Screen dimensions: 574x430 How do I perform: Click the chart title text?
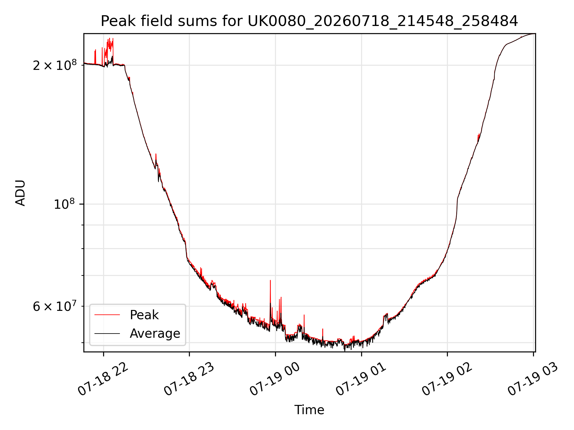[x=309, y=21]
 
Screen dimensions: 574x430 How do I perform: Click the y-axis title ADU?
[x=20, y=193]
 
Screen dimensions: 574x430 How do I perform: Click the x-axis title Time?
[x=309, y=410]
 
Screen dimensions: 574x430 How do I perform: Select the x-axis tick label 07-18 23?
[x=189, y=380]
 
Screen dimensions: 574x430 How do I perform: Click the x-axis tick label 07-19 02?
[x=447, y=380]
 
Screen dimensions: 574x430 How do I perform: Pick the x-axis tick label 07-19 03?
[x=533, y=380]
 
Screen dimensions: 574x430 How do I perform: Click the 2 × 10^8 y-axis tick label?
[x=55, y=65]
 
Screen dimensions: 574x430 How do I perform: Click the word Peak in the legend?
[x=144, y=315]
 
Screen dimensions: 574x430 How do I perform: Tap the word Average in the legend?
[x=155, y=334]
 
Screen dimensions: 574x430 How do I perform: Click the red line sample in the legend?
[x=107, y=315]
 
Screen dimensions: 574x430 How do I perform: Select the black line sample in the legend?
[x=107, y=333]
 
